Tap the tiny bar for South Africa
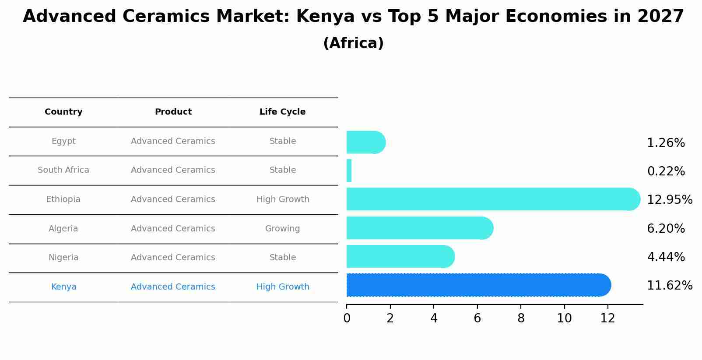349,171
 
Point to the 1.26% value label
666,143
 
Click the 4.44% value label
666,257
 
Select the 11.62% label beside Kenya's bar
670,286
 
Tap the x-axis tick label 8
521,318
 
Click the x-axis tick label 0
347,318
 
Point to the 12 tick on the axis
607,318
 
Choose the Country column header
63,112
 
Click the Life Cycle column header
282,112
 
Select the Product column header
173,112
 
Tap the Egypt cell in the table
63,141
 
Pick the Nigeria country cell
63,258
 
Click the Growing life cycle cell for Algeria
282,229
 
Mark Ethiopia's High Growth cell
283,199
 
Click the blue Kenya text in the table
63,287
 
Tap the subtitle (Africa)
353,43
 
